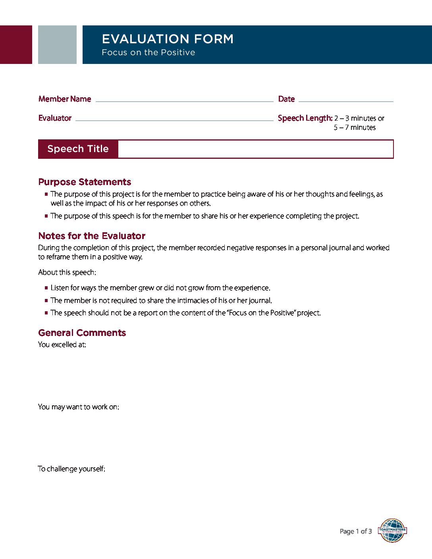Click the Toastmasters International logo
(x=392, y=530)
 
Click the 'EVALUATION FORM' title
(x=168, y=39)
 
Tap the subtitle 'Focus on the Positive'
(x=148, y=52)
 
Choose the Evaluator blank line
(x=174, y=120)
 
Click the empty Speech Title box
(x=255, y=149)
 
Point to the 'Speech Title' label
(x=78, y=149)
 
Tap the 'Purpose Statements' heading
(x=85, y=182)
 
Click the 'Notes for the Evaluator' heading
(x=92, y=236)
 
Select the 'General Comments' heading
(x=82, y=333)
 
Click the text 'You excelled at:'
(x=62, y=345)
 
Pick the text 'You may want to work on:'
(x=78, y=407)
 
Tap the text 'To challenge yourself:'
(x=71, y=469)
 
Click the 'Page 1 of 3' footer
(x=356, y=531)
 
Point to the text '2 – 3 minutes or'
(x=359, y=118)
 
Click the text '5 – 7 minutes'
(x=355, y=127)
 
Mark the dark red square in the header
(x=16, y=44)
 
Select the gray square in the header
(x=57, y=44)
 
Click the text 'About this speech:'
(x=67, y=272)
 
